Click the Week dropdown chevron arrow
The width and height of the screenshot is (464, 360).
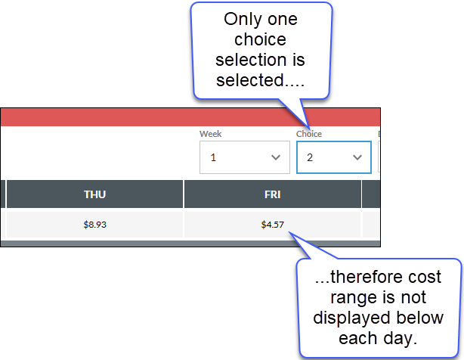[x=276, y=157]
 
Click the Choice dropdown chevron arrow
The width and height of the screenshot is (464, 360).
[x=357, y=157]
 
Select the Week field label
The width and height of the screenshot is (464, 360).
[x=210, y=134]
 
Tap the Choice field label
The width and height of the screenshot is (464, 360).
[x=309, y=134]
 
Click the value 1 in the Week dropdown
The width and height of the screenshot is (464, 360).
[x=213, y=157]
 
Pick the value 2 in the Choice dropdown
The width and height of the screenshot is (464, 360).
[x=310, y=157]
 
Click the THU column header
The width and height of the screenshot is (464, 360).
[x=94, y=194]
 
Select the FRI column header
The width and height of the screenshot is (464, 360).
[x=273, y=194]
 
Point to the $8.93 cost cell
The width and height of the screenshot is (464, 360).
[x=94, y=225]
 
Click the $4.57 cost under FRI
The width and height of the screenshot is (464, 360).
[x=273, y=225]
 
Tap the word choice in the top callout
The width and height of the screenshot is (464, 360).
[x=260, y=39]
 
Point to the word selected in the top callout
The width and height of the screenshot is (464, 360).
[x=250, y=80]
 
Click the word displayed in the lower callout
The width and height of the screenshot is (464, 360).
[x=352, y=318]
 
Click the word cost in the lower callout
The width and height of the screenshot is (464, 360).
[x=425, y=278]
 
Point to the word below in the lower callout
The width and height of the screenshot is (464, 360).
[x=420, y=318]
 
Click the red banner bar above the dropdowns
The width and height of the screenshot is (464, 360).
[x=190, y=117]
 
